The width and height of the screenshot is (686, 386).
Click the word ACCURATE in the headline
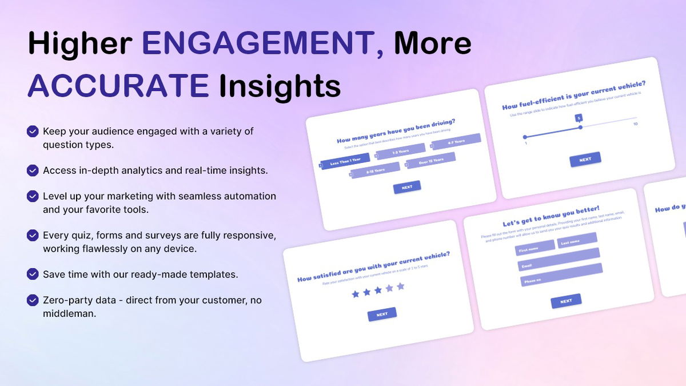point(118,85)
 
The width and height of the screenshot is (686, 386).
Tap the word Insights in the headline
point(280,85)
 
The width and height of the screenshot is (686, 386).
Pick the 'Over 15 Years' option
point(431,161)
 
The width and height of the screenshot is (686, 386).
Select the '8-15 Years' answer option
point(376,170)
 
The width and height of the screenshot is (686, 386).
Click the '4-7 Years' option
point(456,141)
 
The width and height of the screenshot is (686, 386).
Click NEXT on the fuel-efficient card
point(585,160)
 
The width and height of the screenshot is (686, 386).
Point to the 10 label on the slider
point(635,124)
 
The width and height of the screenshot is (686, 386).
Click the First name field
point(535,248)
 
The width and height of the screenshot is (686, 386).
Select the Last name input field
point(577,241)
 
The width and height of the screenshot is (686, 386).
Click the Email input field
point(559,262)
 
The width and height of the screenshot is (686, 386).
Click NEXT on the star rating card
point(382,314)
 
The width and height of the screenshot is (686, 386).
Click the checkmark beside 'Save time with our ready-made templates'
point(33,274)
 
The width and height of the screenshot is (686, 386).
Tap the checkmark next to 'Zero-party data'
point(33,300)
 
